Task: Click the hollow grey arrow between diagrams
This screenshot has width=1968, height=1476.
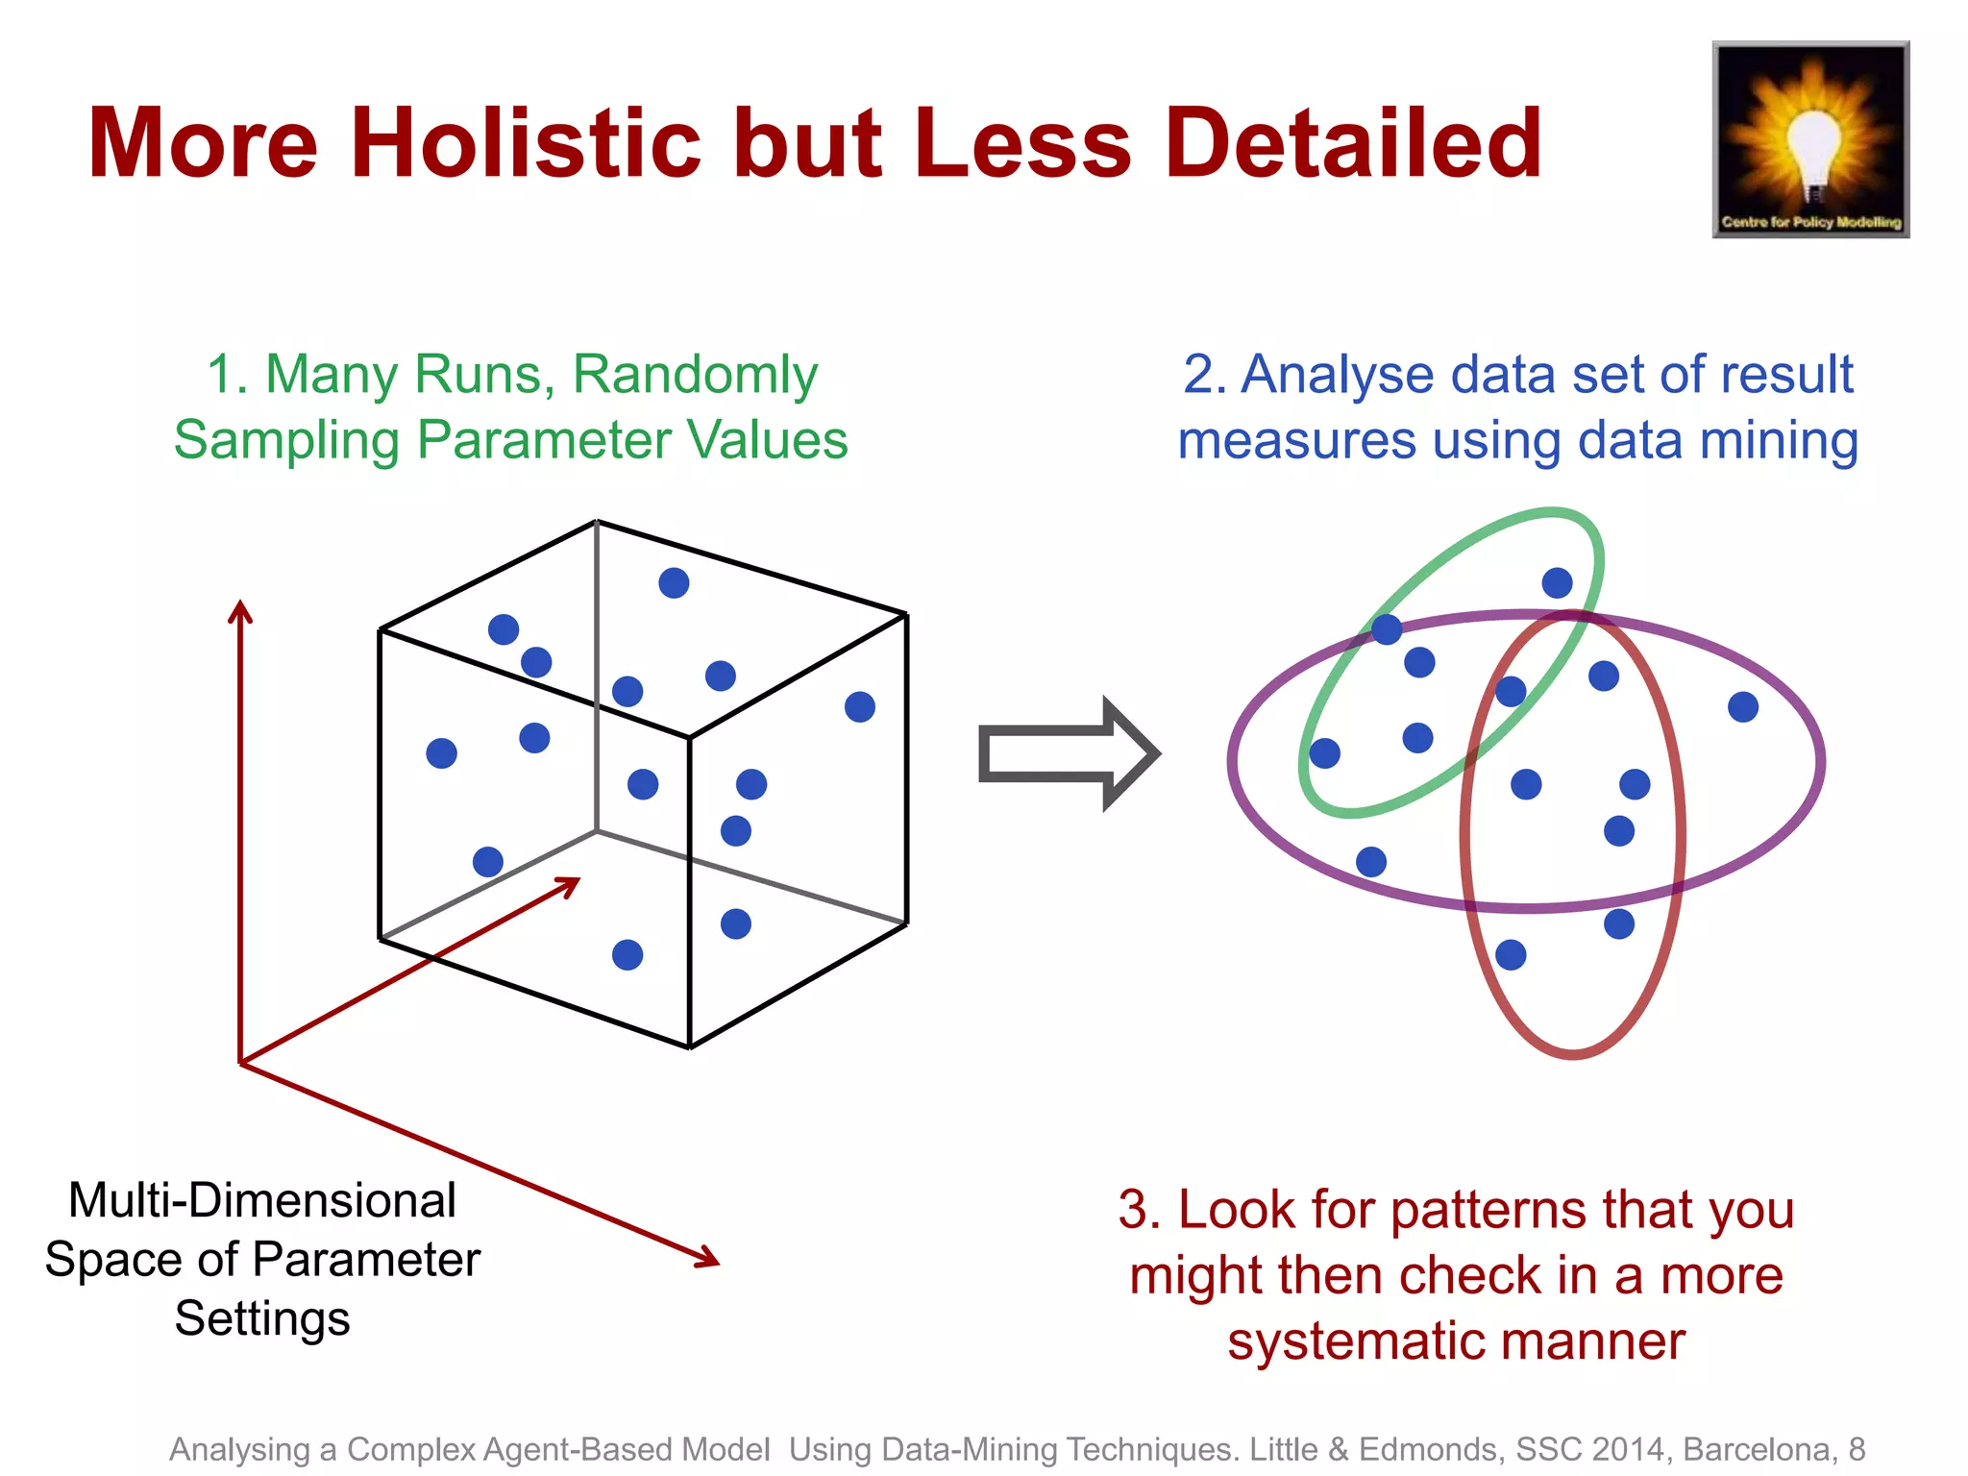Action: (1067, 754)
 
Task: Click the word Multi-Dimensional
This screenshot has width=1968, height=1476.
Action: (262, 1201)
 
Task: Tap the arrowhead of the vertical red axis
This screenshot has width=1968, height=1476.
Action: (240, 610)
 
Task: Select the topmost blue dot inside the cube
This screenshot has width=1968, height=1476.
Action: (674, 583)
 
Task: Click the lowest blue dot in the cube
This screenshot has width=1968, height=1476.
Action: (627, 955)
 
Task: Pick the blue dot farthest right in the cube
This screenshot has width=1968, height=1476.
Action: (860, 707)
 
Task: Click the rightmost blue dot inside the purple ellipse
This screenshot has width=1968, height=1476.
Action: (1743, 707)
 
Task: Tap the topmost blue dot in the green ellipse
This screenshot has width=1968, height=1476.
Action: (1557, 583)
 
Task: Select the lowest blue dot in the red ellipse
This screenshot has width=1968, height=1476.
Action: (1511, 955)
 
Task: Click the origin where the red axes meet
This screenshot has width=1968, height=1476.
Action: (240, 1063)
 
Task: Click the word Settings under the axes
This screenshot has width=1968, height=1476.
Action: (262, 1319)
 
